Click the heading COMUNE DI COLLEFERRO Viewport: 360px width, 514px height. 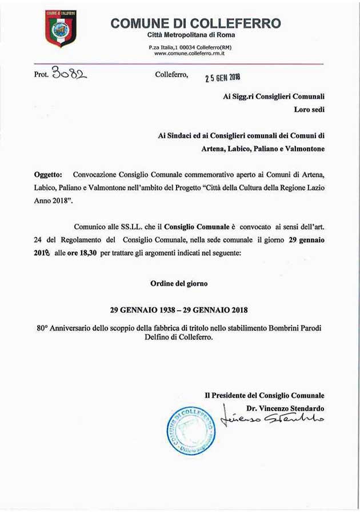coord(196,23)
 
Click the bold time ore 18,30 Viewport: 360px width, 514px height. coord(83,250)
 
